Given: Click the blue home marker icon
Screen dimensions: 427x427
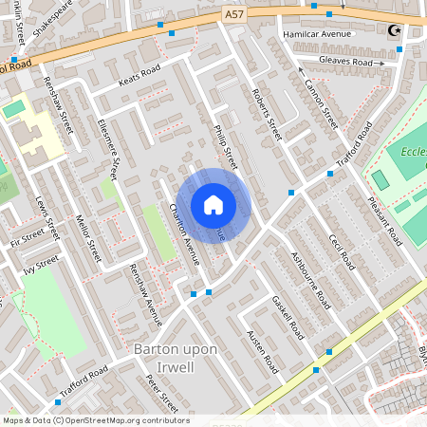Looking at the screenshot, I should tap(213, 205).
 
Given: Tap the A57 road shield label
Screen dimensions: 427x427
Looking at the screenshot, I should tap(234, 14).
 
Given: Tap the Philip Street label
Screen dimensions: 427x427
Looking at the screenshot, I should tap(225, 146).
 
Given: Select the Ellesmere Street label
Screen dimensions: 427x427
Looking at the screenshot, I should tap(107, 150).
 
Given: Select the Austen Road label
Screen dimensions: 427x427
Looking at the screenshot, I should tap(263, 351).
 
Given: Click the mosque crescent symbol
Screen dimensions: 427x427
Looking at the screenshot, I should tap(394, 30).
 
